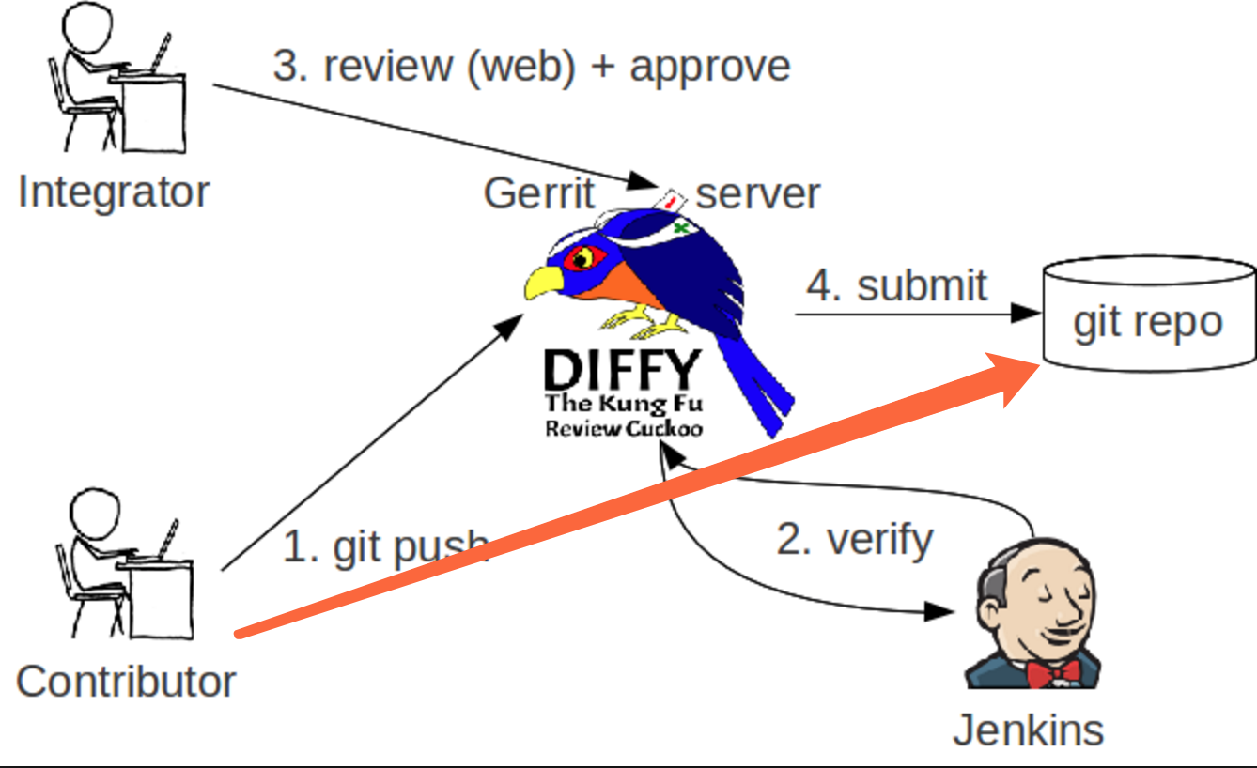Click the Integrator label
point(114,192)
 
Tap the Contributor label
point(126,681)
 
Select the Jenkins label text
point(1028,730)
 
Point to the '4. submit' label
point(897,285)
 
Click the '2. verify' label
point(855,540)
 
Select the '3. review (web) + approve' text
point(532,67)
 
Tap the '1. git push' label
point(385,547)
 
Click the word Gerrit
point(538,194)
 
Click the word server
point(757,194)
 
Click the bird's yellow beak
point(544,282)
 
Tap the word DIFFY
point(622,371)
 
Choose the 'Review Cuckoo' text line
point(624,428)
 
